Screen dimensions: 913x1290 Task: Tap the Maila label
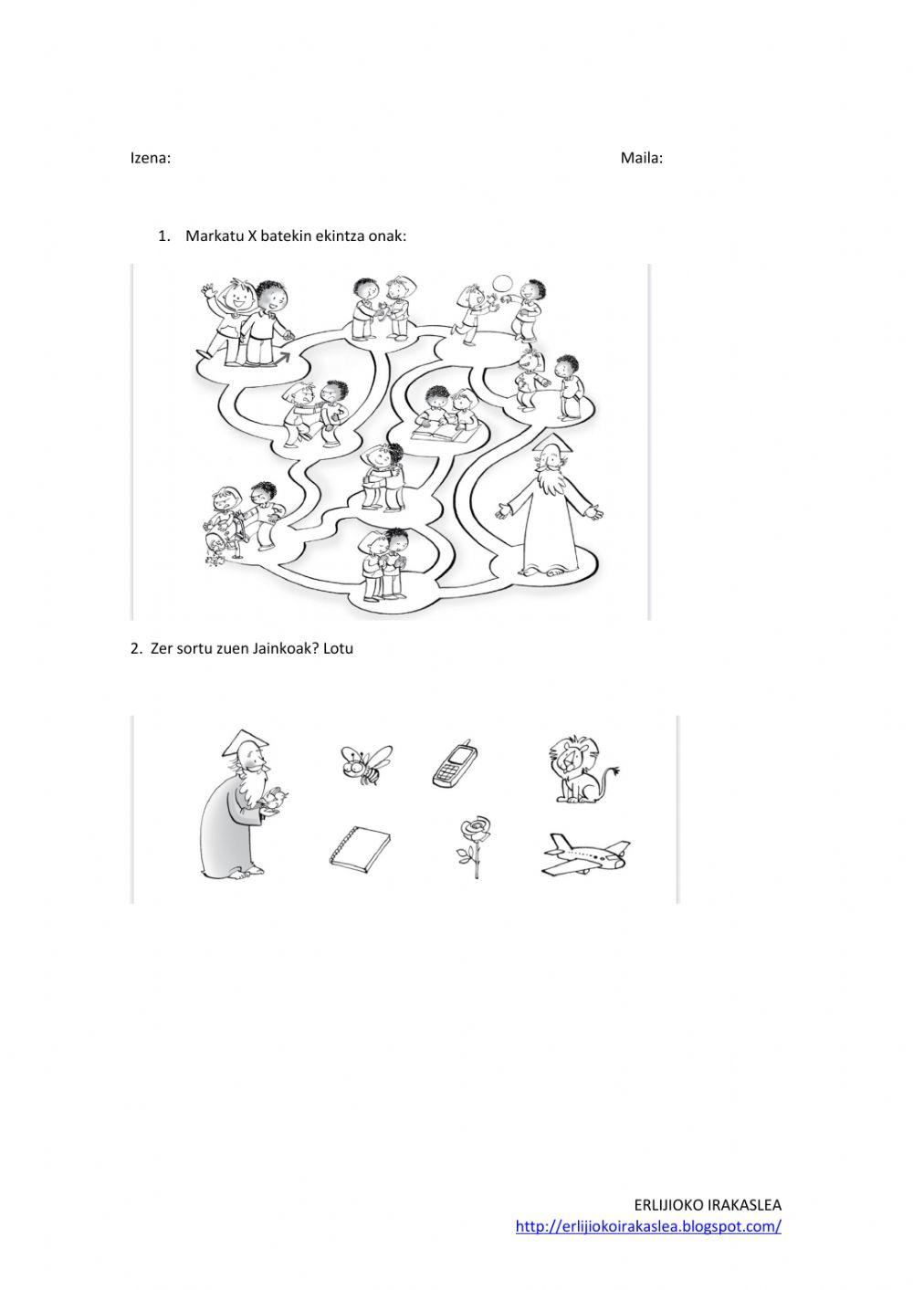point(641,158)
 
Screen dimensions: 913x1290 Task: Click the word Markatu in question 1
point(214,236)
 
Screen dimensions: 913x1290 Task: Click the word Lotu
point(338,648)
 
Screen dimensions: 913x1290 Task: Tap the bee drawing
point(366,764)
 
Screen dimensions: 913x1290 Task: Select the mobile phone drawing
point(456,764)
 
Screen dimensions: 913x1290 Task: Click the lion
point(582,770)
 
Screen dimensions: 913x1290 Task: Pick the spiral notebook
point(360,850)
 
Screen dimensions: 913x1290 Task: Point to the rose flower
point(475,847)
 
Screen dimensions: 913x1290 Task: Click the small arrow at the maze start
point(282,358)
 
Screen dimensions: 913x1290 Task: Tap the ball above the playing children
point(503,285)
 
